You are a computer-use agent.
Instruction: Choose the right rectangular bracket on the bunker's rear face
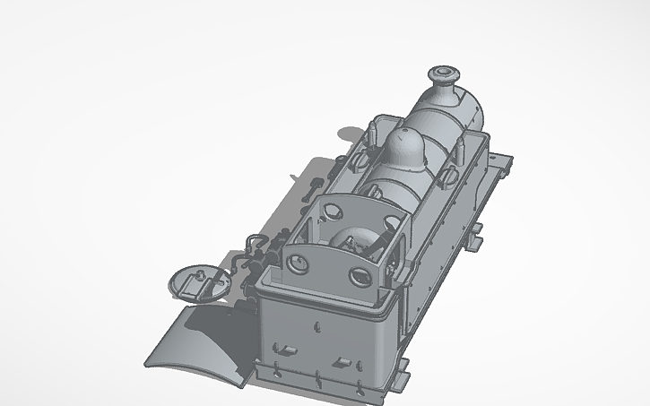342,362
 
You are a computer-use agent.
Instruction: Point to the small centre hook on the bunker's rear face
316,326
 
